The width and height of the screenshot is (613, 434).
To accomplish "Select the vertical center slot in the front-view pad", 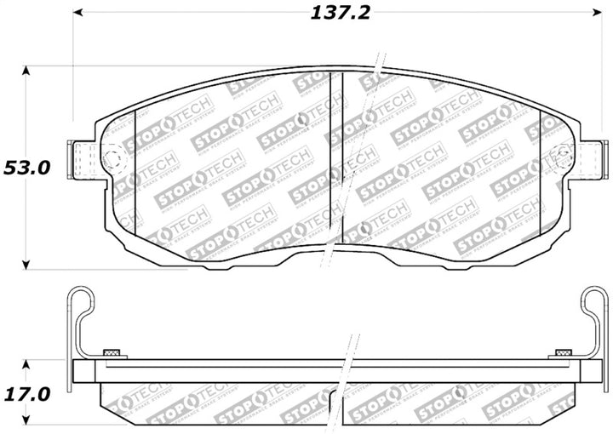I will coord(335,157).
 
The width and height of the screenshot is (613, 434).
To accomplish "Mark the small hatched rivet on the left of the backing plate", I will coord(110,352).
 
